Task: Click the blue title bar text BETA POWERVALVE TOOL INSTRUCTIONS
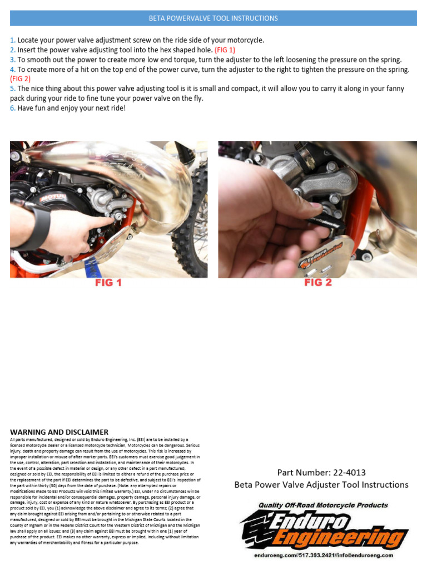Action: pyautogui.click(x=213, y=18)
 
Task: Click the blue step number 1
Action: pyautogui.click(x=12, y=41)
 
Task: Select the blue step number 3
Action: pyautogui.click(x=12, y=60)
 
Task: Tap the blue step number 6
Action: pyautogui.click(x=12, y=108)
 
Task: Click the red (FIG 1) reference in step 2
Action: pyautogui.click(x=225, y=50)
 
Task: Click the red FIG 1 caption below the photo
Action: pyautogui.click(x=108, y=283)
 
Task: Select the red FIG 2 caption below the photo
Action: pyautogui.click(x=317, y=283)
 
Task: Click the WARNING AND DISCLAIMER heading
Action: pyautogui.click(x=59, y=432)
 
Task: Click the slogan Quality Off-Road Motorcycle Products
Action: pyautogui.click(x=322, y=505)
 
